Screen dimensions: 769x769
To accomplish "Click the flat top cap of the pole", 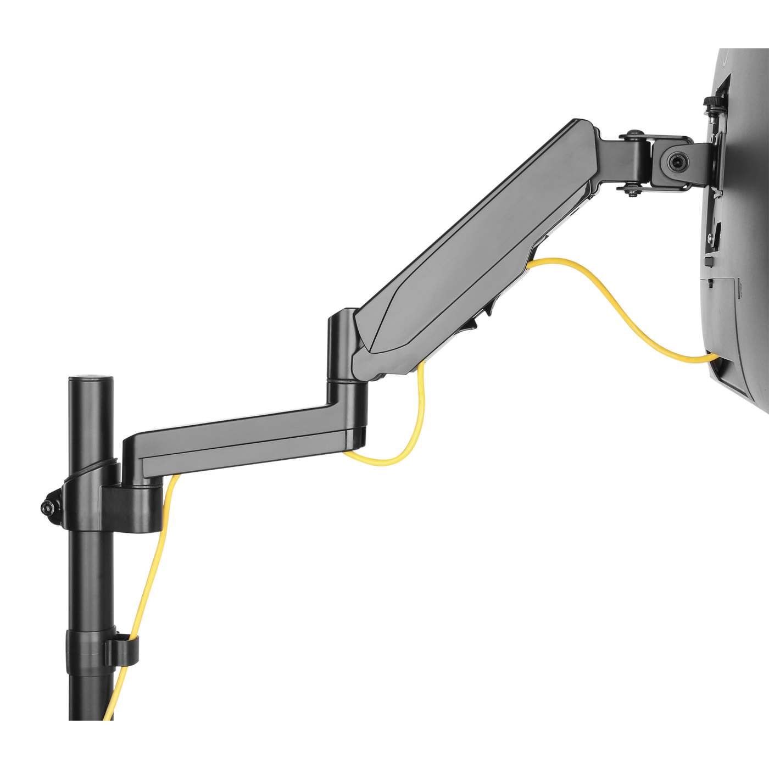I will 91,378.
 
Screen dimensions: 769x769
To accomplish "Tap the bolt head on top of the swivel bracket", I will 636,133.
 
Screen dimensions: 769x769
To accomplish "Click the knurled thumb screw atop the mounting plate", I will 712,103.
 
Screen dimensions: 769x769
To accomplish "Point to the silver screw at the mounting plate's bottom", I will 712,237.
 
